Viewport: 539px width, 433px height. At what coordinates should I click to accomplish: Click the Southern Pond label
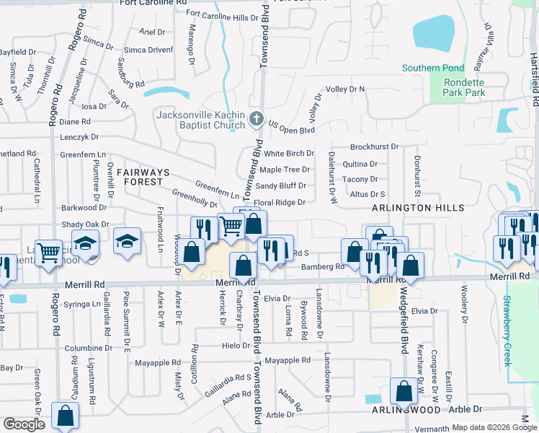[432, 69]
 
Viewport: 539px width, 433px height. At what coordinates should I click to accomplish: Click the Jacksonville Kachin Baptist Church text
[200, 120]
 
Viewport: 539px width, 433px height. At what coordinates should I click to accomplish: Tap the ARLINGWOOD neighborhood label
[406, 409]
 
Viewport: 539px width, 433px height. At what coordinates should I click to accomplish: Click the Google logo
[24, 424]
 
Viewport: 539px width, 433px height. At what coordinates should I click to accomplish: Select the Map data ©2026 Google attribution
[494, 427]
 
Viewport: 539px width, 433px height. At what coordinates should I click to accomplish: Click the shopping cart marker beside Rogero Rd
[49, 253]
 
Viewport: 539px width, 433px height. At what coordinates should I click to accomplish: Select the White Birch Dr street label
[288, 154]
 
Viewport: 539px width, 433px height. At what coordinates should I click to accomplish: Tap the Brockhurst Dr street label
[374, 146]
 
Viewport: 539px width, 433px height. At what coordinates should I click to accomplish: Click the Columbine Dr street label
[89, 348]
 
